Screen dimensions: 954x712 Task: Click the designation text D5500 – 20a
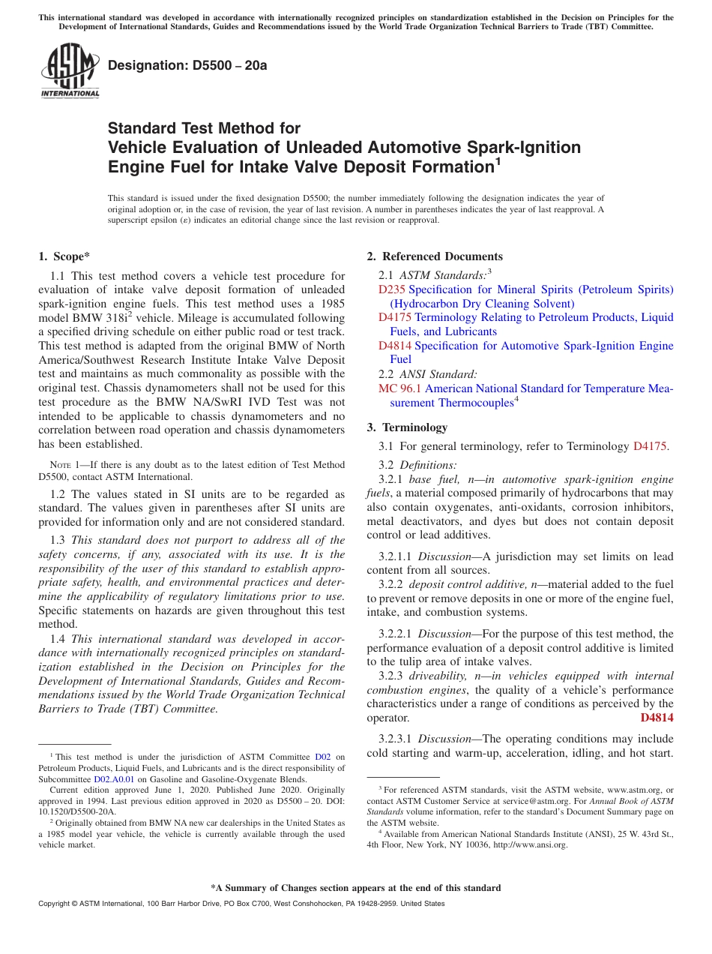coord(187,66)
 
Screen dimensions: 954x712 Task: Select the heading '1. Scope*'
coord(64,256)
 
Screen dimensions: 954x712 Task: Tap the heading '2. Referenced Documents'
coord(434,256)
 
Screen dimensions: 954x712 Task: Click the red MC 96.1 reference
coord(400,388)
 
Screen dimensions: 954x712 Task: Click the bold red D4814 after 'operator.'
coord(657,718)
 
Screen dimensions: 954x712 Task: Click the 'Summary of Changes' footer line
coord(355,888)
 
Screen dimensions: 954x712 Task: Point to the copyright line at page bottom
coord(241,904)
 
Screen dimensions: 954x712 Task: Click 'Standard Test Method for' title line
coord(204,128)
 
